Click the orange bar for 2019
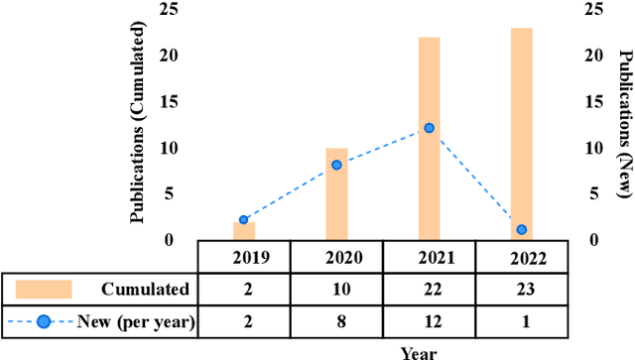pyautogui.click(x=243, y=231)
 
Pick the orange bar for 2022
pyautogui.click(x=521, y=134)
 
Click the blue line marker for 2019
pyautogui.click(x=243, y=220)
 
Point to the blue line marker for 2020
pyautogui.click(x=336, y=165)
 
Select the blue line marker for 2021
pyautogui.click(x=429, y=128)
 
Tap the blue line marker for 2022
pyautogui.click(x=521, y=230)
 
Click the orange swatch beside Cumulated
pyautogui.click(x=44, y=289)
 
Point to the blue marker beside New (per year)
pyautogui.click(x=44, y=319)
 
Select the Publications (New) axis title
pyautogui.click(x=626, y=121)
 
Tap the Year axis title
pyautogui.click(x=418, y=351)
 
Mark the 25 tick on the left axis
pyautogui.click(x=175, y=10)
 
